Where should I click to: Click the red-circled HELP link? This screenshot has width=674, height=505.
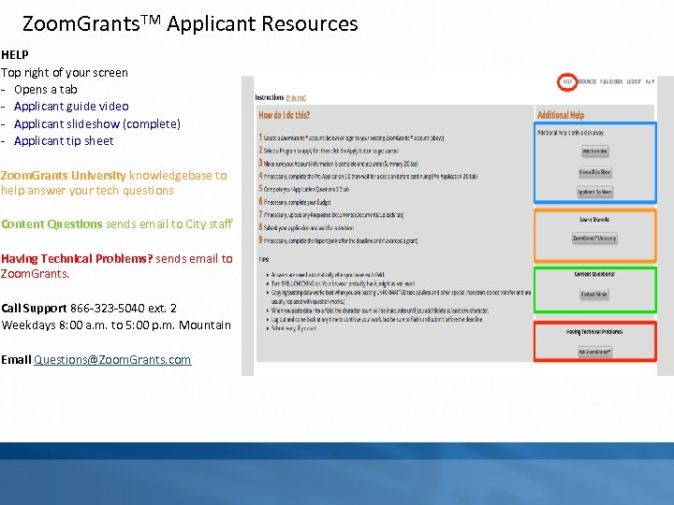click(567, 82)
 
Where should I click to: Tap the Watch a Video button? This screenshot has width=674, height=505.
click(594, 151)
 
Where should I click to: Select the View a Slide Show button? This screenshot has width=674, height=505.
click(594, 172)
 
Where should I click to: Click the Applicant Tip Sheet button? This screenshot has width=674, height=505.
click(594, 192)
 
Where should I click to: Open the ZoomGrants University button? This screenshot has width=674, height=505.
click(594, 238)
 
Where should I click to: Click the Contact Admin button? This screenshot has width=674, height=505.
click(594, 294)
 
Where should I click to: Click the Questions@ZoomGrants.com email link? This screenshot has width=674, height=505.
click(112, 359)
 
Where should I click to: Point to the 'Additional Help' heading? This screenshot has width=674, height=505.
click(561, 115)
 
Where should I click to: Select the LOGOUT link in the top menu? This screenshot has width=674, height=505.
click(634, 82)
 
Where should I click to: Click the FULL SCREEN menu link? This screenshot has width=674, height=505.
click(611, 82)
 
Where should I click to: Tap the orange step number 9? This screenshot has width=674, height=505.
click(261, 241)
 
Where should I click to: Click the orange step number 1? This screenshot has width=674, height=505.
click(261, 137)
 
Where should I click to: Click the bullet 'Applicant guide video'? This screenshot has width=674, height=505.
click(71, 107)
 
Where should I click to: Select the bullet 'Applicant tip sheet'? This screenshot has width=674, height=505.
click(64, 141)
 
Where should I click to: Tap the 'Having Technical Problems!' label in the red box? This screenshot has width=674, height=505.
click(594, 331)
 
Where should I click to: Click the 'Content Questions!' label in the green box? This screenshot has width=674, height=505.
click(594, 275)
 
